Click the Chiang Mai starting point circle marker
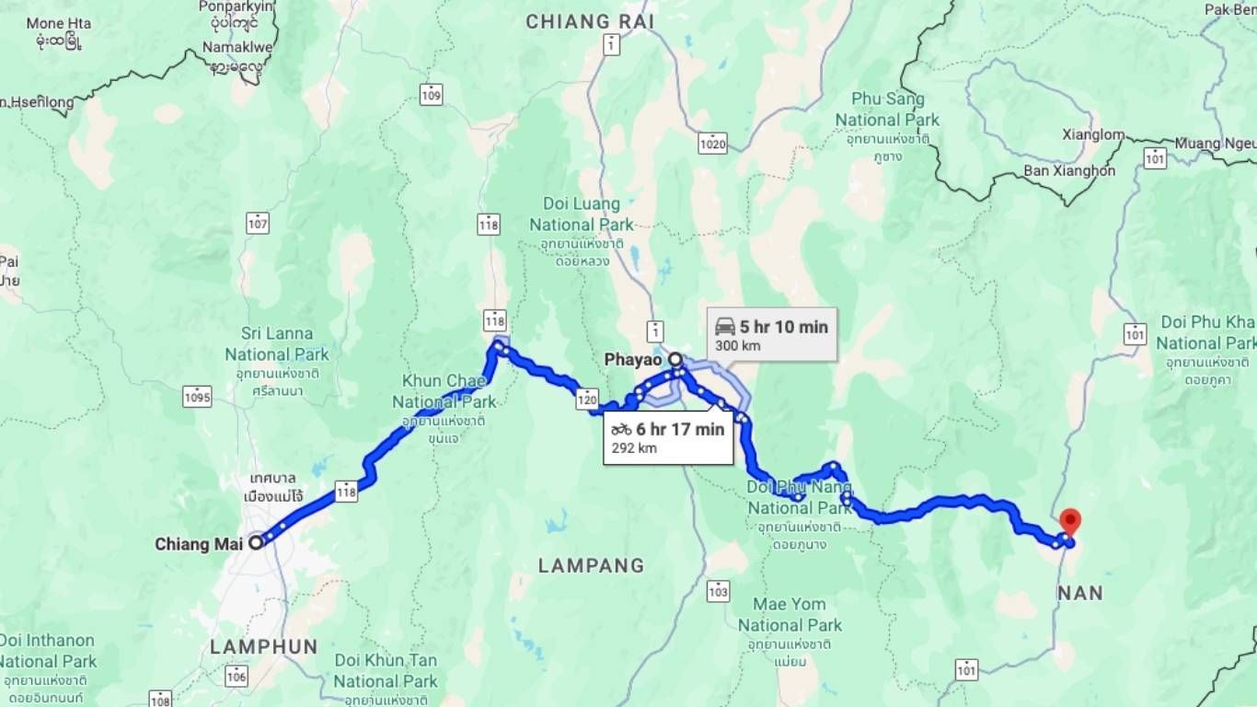pos(256,542)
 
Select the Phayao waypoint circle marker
pos(675,359)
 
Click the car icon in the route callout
pos(725,327)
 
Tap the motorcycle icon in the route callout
pos(621,429)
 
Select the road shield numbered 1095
pos(197,398)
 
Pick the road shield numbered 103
pos(718,590)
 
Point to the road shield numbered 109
pos(430,93)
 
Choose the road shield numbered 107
pos(258,223)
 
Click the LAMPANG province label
pos(591,565)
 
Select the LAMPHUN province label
pos(263,646)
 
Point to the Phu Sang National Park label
pos(887,109)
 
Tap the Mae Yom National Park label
pos(790,615)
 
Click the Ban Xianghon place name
pos(1069,170)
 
